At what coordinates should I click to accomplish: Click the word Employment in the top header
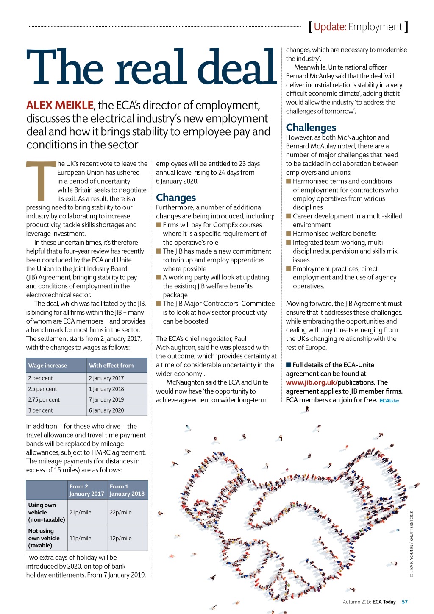click(x=375, y=27)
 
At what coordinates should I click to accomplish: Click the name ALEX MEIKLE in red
click(x=60, y=105)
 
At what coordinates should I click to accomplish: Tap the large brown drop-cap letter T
click(x=41, y=180)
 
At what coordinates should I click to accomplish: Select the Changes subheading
click(x=176, y=198)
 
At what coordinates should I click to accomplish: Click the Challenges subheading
click(x=311, y=128)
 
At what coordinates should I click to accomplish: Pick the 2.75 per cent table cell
click(x=44, y=399)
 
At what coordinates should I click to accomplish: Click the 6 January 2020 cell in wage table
click(x=106, y=410)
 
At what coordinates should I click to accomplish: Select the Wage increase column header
click(x=47, y=366)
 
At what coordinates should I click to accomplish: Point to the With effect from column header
click(x=111, y=366)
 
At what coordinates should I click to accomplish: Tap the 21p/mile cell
click(x=81, y=512)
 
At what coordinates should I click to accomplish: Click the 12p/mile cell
click(x=121, y=538)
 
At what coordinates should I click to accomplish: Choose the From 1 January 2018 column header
click(x=127, y=490)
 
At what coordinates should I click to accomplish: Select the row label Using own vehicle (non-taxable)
click(x=47, y=512)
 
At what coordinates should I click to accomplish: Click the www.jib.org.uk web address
click(x=311, y=382)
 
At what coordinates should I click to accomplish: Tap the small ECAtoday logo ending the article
click(x=389, y=401)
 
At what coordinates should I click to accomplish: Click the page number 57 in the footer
click(x=405, y=602)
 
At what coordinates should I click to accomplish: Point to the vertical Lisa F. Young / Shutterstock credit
click(x=411, y=544)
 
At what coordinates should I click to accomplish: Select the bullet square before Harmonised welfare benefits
click(x=289, y=234)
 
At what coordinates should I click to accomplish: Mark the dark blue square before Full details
click(x=289, y=365)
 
